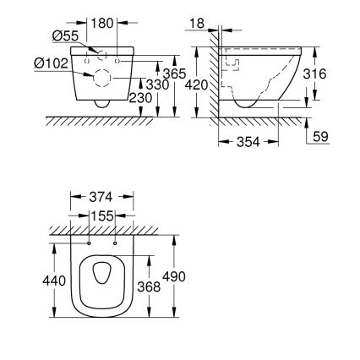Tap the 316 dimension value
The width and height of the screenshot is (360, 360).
(314, 74)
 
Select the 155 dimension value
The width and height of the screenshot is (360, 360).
(102, 216)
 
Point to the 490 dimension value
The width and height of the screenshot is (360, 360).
(174, 276)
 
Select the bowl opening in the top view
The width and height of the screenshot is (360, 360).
(101, 274)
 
